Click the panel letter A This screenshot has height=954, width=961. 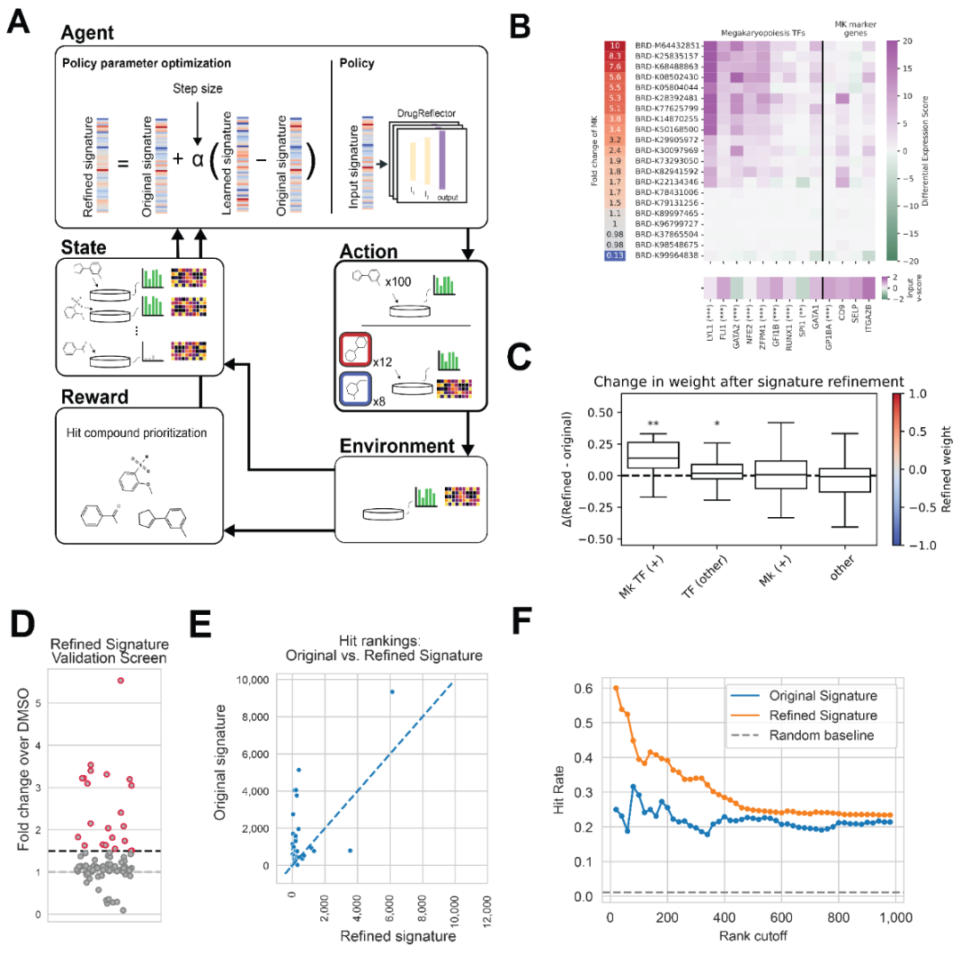click(x=20, y=22)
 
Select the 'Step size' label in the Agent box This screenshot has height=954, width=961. click(x=198, y=90)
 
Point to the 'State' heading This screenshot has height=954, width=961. click(x=84, y=245)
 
